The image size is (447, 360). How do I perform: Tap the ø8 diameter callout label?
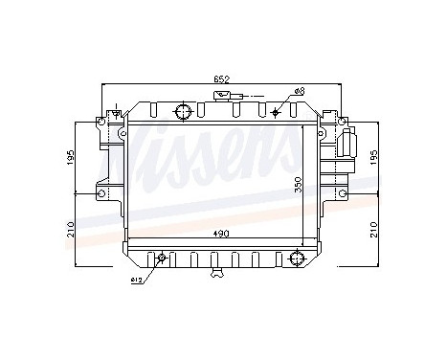click(x=300, y=92)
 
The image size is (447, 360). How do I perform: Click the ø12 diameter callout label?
click(x=138, y=281)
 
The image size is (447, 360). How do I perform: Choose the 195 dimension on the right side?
click(x=374, y=157)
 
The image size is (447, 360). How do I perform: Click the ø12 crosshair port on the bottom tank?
click(x=161, y=258)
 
